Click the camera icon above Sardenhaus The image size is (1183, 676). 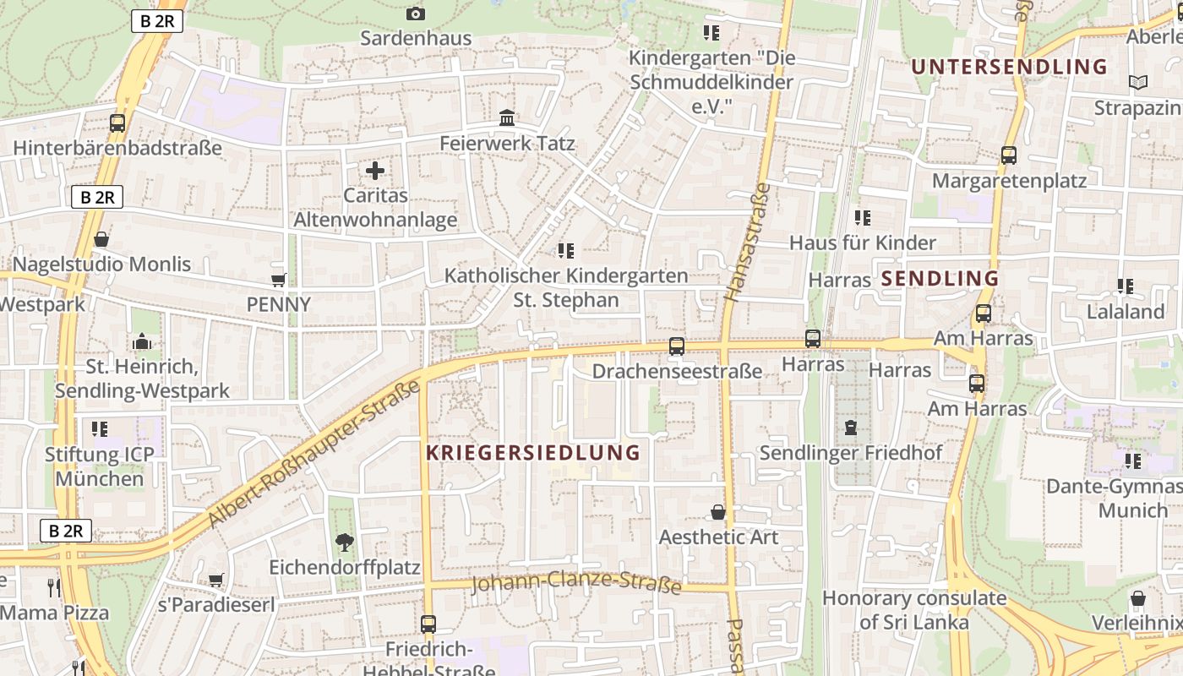pyautogui.click(x=415, y=14)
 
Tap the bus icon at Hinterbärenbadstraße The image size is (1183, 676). pyautogui.click(x=117, y=123)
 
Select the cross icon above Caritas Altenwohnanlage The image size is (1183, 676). pyautogui.click(x=375, y=171)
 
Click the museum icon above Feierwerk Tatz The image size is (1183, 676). pyautogui.click(x=507, y=118)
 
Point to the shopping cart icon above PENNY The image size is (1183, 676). pyautogui.click(x=279, y=280)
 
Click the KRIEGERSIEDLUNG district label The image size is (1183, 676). pyautogui.click(x=532, y=453)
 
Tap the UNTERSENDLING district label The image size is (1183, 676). pyautogui.click(x=1008, y=67)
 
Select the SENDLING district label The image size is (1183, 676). pyautogui.click(x=940, y=279)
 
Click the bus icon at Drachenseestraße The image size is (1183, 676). pyautogui.click(x=676, y=346)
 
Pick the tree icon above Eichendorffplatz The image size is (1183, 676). pyautogui.click(x=344, y=542)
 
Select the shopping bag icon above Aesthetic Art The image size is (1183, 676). pyautogui.click(x=717, y=512)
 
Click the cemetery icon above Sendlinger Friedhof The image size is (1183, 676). pyautogui.click(x=850, y=428)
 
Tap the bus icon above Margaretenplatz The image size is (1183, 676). pyautogui.click(x=1008, y=155)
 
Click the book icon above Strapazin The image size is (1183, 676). pyautogui.click(x=1137, y=83)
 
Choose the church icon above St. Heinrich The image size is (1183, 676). pyautogui.click(x=142, y=342)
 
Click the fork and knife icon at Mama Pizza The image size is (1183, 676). pyautogui.click(x=55, y=587)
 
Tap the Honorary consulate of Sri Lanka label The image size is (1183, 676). pyautogui.click(x=914, y=610)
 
